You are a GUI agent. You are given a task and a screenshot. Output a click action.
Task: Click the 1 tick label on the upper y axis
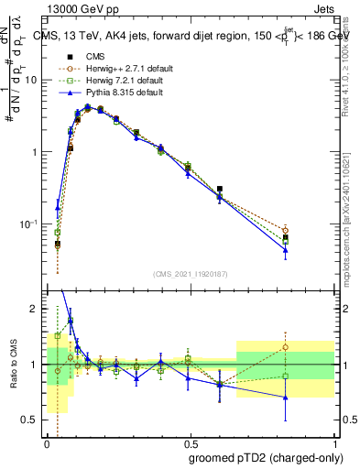coord(36,152)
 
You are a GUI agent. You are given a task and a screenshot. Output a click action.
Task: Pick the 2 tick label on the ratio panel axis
coord(37,310)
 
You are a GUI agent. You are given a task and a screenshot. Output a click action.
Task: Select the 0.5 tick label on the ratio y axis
coord(32,420)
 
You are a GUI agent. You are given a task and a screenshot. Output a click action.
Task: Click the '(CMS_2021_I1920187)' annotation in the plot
coord(190,274)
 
